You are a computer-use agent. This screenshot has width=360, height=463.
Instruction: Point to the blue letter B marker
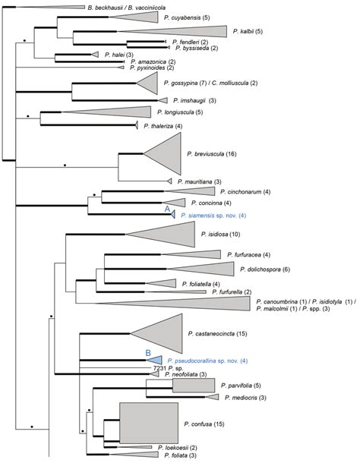(149, 352)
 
